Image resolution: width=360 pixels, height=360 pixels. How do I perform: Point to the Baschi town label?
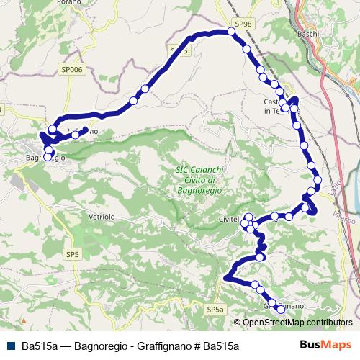click(307, 34)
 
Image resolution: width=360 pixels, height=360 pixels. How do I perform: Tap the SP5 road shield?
click(73, 254)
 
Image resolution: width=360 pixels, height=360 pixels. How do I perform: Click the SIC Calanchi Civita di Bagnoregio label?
click(198, 179)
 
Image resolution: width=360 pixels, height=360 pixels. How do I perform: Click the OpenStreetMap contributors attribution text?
click(297, 323)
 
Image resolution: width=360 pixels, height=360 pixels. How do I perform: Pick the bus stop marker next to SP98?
click(230, 31)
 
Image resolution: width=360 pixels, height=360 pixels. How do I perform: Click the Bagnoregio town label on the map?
click(45, 157)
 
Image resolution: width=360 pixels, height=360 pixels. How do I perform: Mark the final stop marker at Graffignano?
click(281, 310)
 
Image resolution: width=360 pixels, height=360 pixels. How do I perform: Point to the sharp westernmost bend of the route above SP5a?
click(226, 277)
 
